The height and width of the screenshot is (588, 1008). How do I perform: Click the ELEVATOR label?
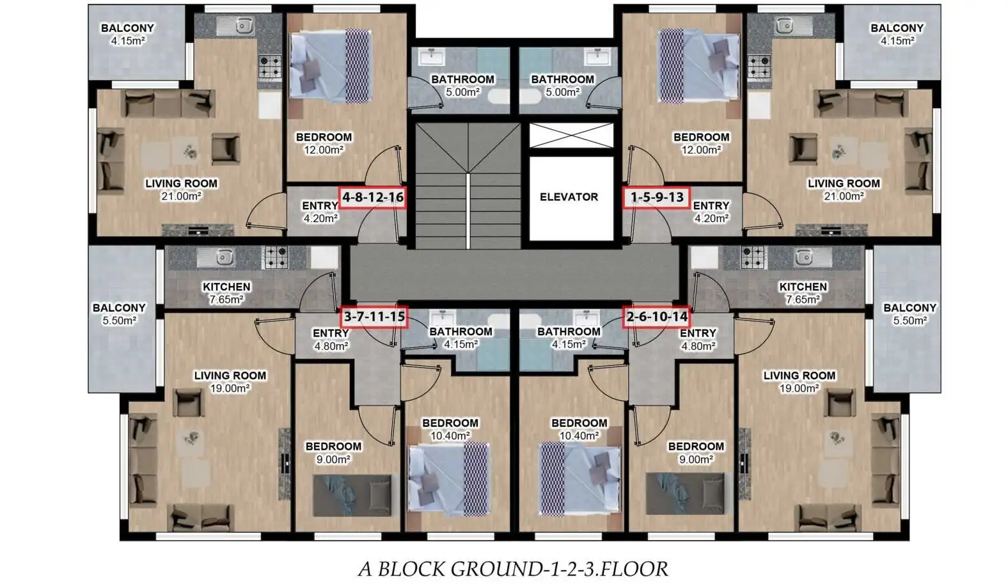coord(569,197)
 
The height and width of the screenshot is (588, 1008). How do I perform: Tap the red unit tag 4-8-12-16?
coord(373,198)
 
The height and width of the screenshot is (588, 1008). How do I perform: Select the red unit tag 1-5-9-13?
coord(657,198)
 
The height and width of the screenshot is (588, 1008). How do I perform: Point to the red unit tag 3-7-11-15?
coord(374,317)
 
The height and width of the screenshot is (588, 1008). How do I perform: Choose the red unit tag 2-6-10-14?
coord(657,317)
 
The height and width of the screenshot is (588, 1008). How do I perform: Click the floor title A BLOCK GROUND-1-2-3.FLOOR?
coord(513,569)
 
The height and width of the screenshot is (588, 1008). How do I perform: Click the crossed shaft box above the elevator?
coord(571,135)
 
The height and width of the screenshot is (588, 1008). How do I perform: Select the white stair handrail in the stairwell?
coord(468,211)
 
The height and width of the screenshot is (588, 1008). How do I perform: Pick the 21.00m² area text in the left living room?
coord(181,196)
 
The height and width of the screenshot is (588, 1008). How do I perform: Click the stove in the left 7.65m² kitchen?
coord(276,257)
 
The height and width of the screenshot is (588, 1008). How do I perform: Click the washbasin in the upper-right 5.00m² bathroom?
coord(597,57)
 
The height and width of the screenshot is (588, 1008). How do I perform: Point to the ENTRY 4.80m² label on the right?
coord(698,340)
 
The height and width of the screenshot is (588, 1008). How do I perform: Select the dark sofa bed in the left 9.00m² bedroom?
coord(352,495)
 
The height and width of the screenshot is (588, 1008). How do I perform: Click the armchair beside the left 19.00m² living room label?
coord(189,402)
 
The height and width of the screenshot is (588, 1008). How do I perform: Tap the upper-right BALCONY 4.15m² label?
coord(897,34)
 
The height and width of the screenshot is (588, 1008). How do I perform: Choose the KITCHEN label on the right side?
coord(803,287)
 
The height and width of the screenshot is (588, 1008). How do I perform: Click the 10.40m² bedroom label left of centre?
coord(450,429)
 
